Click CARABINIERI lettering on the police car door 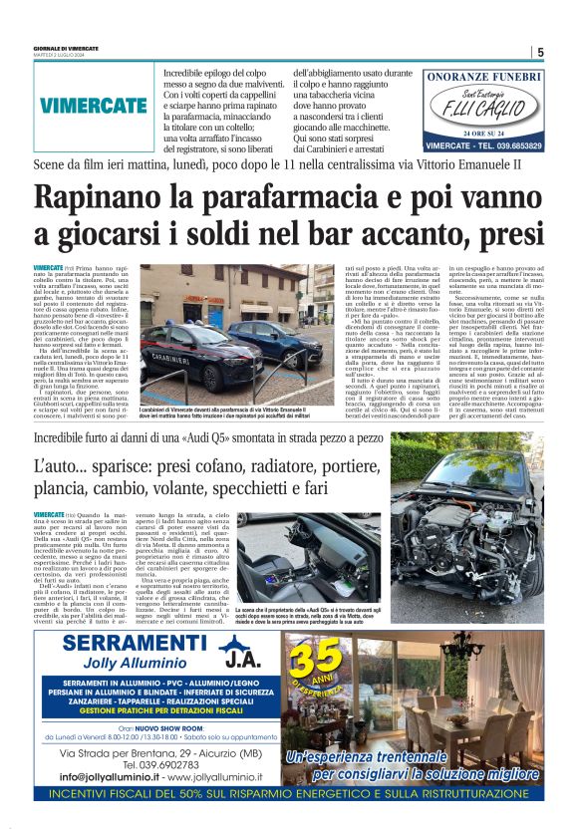coord(167,357)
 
